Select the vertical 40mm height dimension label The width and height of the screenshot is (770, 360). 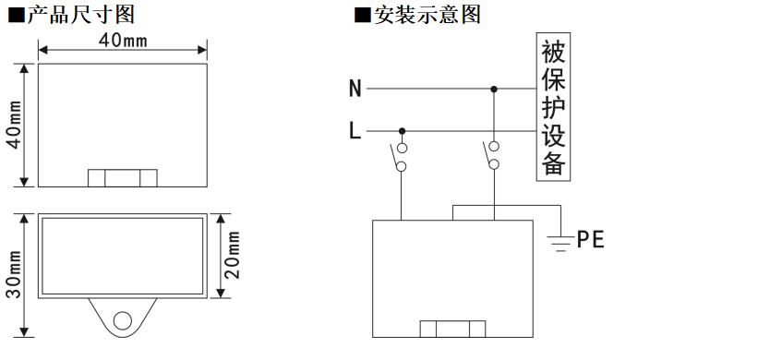pos(14,125)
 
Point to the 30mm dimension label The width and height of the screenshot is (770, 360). pos(14,275)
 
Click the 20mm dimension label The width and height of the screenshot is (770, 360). pos(234,256)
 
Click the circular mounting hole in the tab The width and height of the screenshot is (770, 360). pos(122,320)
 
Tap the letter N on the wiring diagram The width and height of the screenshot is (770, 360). pos(355,89)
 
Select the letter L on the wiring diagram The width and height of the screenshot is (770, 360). pos(355,131)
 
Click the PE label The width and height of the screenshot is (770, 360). pos(590,241)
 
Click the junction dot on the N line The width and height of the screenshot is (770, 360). pos(495,89)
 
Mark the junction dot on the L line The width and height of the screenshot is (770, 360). pos(402,131)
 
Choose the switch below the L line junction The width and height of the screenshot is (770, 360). pos(402,157)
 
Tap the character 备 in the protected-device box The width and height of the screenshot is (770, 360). pos(553,163)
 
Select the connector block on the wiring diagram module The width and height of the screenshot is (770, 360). pos(452,329)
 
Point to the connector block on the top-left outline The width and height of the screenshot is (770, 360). pos(122,178)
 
